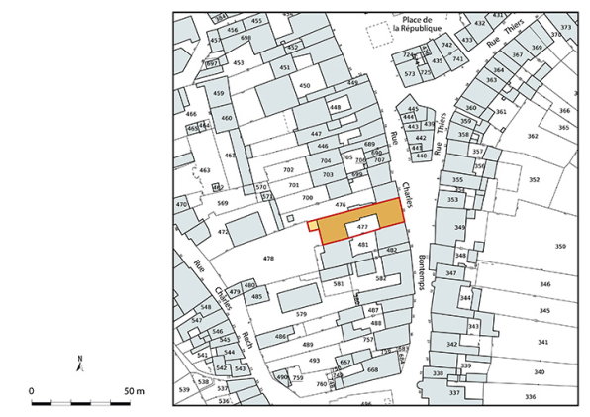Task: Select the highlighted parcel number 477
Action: coord(362,227)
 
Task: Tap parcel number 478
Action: coord(267,258)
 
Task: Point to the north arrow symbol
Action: coord(81,363)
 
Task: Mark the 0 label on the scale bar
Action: coord(32,392)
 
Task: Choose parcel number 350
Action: coord(560,246)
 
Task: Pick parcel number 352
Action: coord(535,179)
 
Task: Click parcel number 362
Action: coord(532,136)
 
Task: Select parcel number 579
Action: coord(302,315)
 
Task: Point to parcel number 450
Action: coord(304,86)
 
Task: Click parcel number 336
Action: coord(530,397)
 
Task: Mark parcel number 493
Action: coord(314,360)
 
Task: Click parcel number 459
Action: coord(219,94)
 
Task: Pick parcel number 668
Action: coord(372,369)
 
